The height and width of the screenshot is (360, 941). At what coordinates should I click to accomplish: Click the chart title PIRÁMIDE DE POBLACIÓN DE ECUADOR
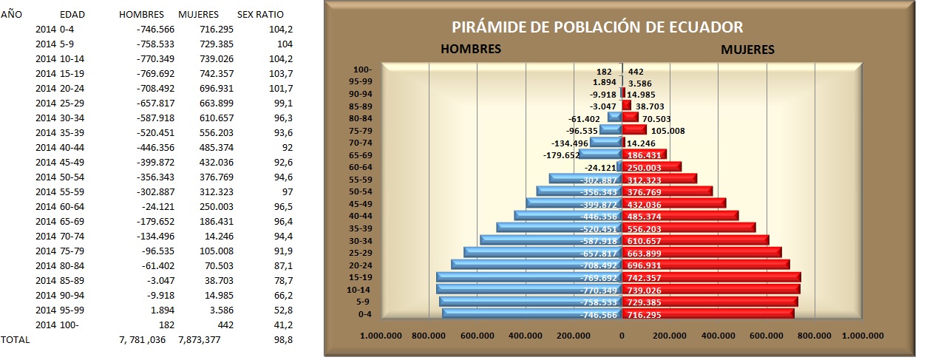[597, 28]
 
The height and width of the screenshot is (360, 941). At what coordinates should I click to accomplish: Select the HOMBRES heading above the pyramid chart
[471, 50]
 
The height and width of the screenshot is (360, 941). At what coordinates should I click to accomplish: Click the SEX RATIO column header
[260, 15]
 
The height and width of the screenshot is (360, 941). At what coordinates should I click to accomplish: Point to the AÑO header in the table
[11, 15]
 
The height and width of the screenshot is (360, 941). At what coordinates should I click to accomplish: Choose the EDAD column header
[72, 15]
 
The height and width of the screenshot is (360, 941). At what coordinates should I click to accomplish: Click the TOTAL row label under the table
[16, 339]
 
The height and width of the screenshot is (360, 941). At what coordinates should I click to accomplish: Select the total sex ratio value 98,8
[262, 339]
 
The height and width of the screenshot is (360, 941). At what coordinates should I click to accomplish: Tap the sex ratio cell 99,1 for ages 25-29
[263, 103]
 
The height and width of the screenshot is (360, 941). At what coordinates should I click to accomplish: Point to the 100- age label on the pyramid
[363, 70]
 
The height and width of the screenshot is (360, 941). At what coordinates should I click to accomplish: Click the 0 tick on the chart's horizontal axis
[622, 336]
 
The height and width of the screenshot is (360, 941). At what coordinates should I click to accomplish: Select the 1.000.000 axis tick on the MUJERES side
[862, 336]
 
